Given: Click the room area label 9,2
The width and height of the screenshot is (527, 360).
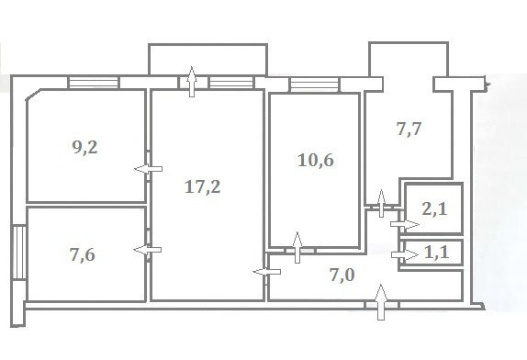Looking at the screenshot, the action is tap(85, 147).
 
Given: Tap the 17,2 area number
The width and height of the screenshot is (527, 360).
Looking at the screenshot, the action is tap(203, 186).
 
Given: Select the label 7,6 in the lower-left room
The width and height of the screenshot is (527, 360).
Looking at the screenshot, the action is tap(83, 254).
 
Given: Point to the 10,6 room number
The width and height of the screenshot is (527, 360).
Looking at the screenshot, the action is tap(316, 160).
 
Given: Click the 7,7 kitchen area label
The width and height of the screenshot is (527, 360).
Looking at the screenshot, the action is tap(409, 129).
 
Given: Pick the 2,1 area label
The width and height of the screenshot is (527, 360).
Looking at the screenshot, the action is tap(434, 209).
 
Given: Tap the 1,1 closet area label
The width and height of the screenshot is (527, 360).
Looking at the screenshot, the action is tap(437, 252).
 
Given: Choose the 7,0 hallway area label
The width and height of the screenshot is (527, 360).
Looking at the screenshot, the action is tap(342, 276).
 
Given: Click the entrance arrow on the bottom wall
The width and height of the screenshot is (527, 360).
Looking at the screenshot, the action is tap(381, 302).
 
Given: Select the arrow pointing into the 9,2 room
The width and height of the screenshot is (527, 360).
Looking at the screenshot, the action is tap(148, 169).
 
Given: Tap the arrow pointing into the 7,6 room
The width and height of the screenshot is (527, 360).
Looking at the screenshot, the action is tap(148, 250).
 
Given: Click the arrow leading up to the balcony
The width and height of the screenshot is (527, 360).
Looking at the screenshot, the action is tap(192, 82).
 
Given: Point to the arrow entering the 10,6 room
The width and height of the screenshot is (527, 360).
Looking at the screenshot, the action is tap(297, 247).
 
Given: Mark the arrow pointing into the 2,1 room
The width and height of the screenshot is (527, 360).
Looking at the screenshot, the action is tap(405, 224).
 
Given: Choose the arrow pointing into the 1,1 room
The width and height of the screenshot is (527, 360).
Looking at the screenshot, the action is tap(405, 254).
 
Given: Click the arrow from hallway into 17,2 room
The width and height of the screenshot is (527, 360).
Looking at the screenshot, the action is tap(267, 272).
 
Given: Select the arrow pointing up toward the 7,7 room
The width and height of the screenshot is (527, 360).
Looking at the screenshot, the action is tap(381, 203).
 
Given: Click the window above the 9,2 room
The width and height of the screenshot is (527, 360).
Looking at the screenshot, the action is tap(94, 83).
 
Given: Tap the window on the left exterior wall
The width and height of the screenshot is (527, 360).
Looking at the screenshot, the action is tap(19, 253).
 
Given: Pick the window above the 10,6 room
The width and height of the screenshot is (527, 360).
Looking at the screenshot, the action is tap(314, 84).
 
